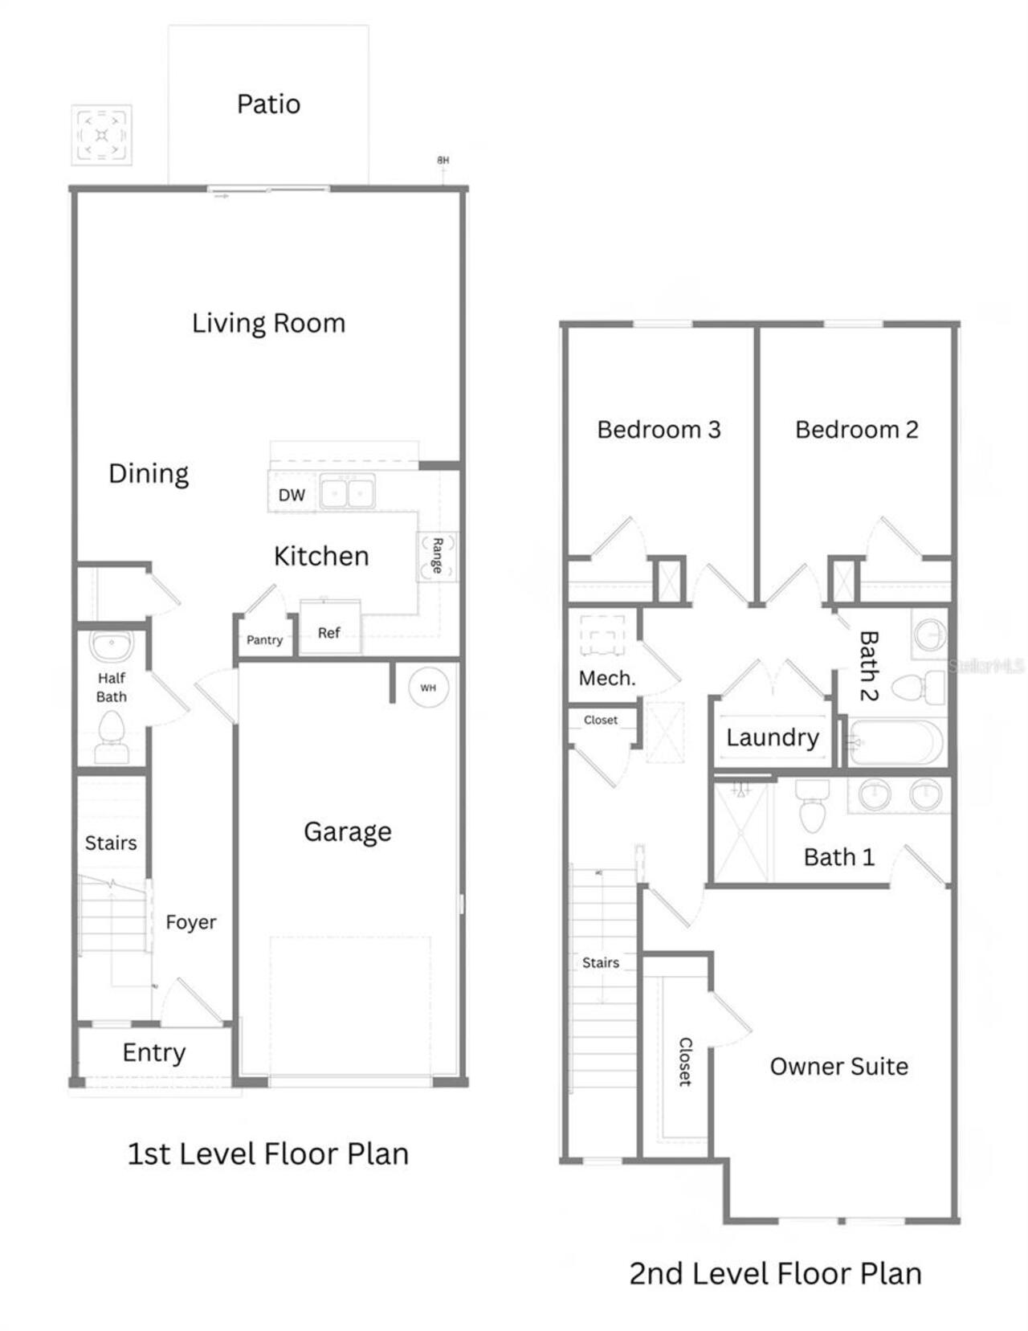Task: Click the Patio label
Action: [x=269, y=104]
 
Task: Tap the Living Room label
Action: [x=269, y=323]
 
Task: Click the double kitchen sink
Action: [x=348, y=491]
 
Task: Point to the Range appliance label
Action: [x=438, y=556]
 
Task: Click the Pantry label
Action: [x=264, y=640]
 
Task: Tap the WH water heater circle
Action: [x=429, y=688]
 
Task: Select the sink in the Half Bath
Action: [x=112, y=644]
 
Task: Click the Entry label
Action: [x=154, y=1052]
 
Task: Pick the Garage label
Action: [x=348, y=832]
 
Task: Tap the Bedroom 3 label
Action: [x=659, y=430]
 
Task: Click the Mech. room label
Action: [x=607, y=678]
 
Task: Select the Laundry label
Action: [x=773, y=738]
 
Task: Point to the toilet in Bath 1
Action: [x=813, y=806]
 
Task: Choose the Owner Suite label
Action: [x=838, y=1067]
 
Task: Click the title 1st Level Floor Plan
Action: [x=268, y=1154]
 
